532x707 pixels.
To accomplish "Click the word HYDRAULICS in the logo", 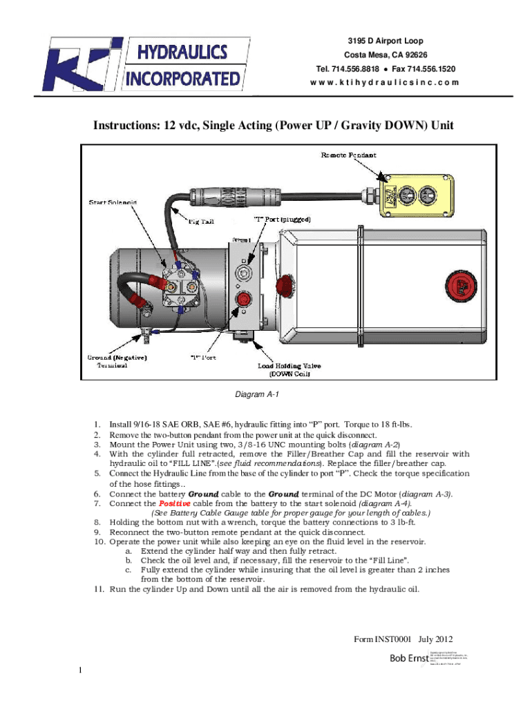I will click(183, 50).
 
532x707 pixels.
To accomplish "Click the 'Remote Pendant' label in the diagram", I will click(348, 155).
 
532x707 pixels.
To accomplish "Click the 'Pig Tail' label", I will click(204, 221).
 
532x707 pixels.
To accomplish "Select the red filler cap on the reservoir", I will click(457, 284).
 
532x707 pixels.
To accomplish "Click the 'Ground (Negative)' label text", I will click(116, 358).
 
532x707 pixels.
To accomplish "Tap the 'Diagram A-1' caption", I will click(256, 394).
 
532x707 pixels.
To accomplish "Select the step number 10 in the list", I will click(98, 542).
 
